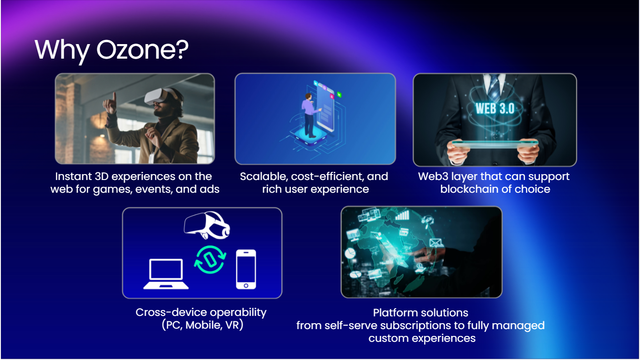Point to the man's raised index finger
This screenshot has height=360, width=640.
coord(114,97)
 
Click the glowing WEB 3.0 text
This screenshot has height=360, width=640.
coord(495,109)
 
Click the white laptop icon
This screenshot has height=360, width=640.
coord(166,274)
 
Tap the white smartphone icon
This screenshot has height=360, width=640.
coord(246,270)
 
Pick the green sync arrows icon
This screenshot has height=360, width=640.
coord(210,260)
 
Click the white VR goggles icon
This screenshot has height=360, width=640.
coord(207,225)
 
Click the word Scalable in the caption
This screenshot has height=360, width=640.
coord(264,176)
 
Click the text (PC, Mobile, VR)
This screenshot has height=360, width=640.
coord(202,325)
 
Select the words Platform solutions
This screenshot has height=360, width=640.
coord(420,313)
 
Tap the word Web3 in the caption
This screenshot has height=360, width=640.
coord(433,176)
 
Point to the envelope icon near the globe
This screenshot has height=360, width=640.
coord(436,243)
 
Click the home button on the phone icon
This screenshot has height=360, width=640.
coord(246,285)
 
